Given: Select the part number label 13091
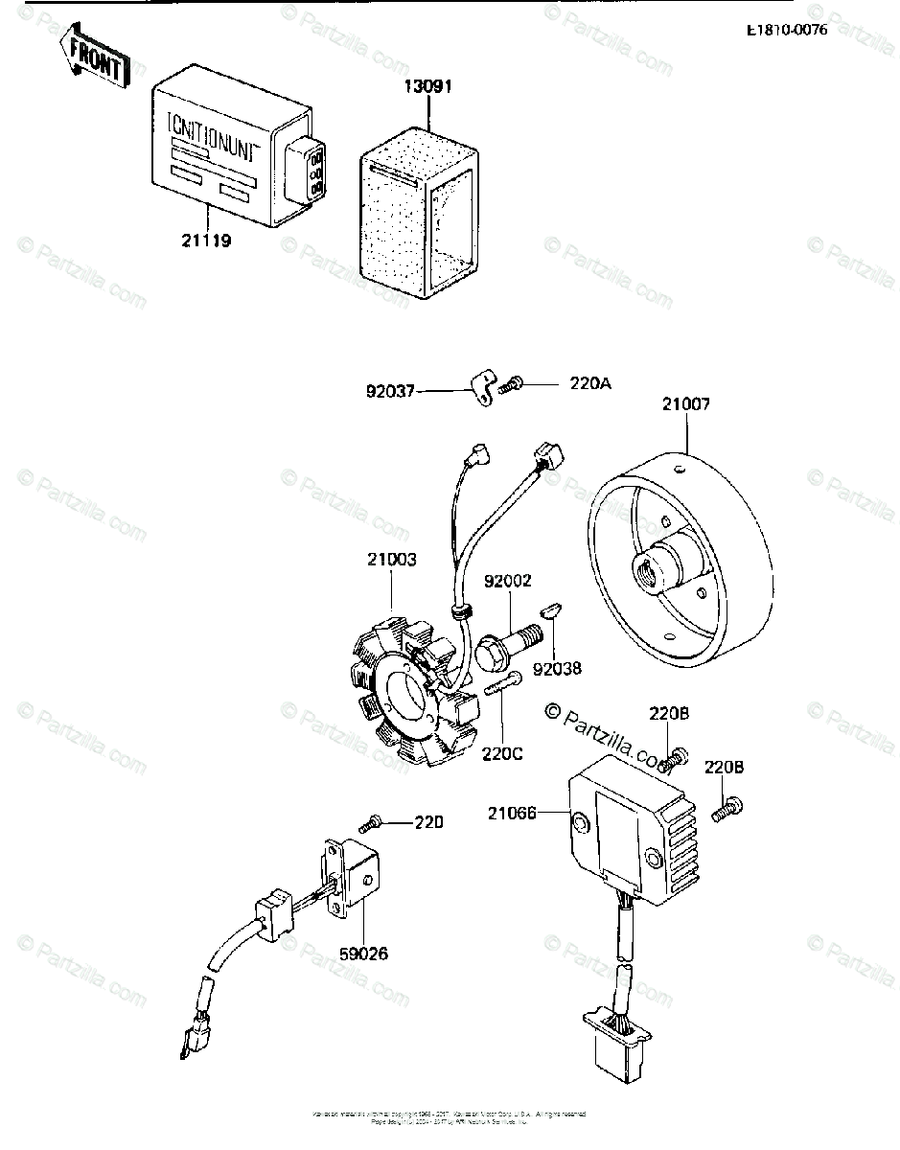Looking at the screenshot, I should (428, 86).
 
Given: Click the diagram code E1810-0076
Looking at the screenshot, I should (787, 30).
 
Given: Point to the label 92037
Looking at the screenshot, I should (389, 390).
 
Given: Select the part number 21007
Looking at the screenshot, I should (685, 404).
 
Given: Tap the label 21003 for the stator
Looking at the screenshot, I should (391, 560).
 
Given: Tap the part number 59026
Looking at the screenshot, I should (363, 954).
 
